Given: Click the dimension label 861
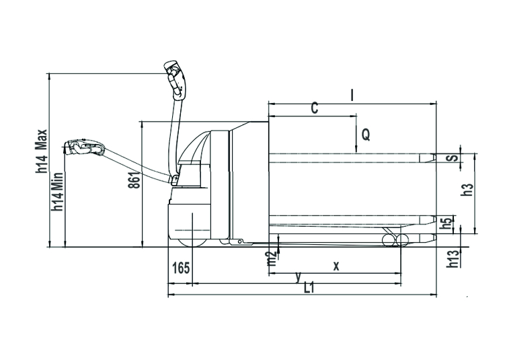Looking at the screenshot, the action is [x=134, y=180].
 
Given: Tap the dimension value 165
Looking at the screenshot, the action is [x=181, y=268].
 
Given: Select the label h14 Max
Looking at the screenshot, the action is [x=42, y=151].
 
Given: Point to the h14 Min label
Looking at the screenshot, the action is [x=58, y=191].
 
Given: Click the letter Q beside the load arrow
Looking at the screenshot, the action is [x=366, y=134].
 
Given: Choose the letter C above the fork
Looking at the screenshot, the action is [x=315, y=108].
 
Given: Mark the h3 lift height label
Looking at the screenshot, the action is [x=467, y=190].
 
